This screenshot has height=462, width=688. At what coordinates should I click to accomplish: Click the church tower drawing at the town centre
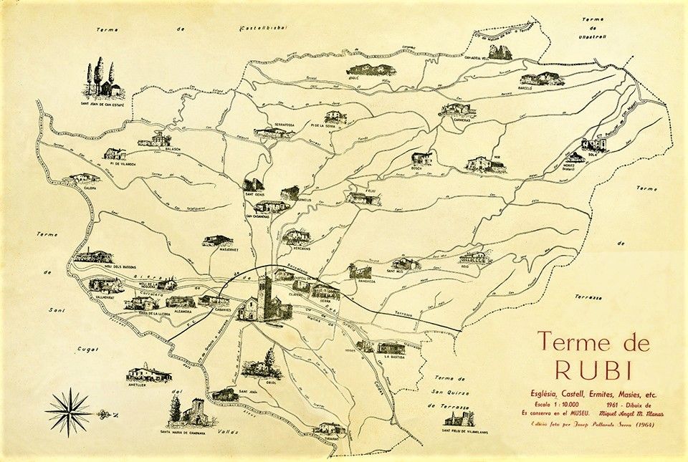click(x=266, y=298)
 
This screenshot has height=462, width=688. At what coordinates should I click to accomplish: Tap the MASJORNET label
click(x=216, y=250)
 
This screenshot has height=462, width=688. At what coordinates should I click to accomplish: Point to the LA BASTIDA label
click(x=396, y=356)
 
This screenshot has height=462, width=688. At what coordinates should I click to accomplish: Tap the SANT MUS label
click(x=398, y=272)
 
